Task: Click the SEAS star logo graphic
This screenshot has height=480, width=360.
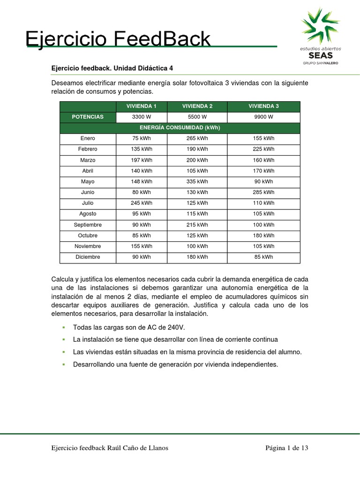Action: pos(321,25)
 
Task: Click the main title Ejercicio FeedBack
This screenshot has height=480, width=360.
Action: pos(118,39)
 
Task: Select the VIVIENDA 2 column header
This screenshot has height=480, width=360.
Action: pos(197,106)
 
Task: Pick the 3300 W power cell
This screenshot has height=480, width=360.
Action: pos(141,117)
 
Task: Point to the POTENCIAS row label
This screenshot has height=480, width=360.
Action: pos(88,117)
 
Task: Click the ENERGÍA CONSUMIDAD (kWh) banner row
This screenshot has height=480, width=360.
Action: pos(180,127)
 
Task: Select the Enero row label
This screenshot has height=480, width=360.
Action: pos(88,138)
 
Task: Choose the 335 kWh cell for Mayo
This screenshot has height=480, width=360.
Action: pos(197,181)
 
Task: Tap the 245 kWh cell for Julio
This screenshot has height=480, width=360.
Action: pos(141,203)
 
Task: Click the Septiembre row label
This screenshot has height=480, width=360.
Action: pos(88,225)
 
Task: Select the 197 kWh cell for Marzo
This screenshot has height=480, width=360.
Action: pos(141,160)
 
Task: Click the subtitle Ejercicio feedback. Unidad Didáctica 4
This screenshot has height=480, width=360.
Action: pos(112,68)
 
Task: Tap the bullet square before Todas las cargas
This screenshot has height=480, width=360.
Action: pos(63,327)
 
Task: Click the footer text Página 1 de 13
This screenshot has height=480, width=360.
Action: pos(286,448)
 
